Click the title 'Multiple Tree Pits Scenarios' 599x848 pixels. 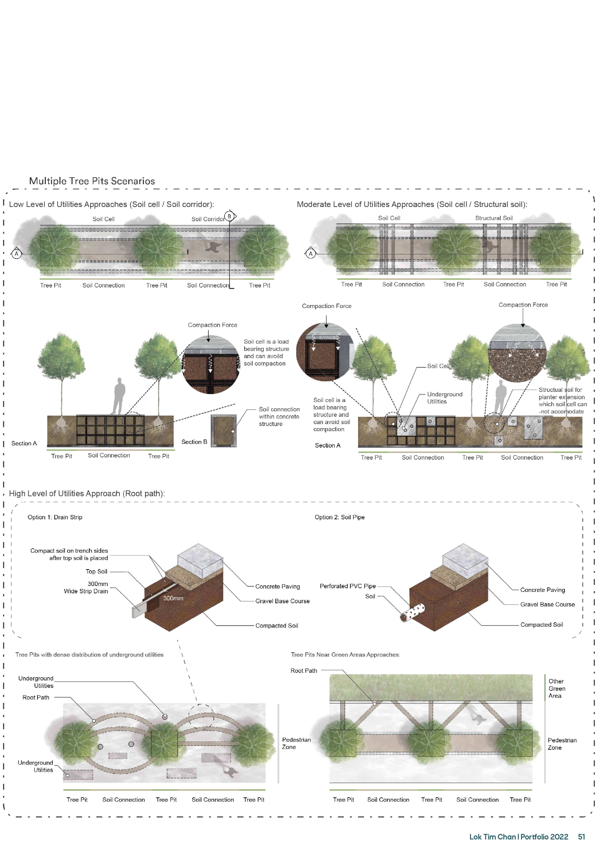(92, 181)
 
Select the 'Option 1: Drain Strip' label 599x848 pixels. (55, 517)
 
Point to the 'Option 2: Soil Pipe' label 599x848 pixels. (340, 517)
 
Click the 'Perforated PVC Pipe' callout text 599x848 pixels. (348, 586)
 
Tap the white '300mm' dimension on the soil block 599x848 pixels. (173, 598)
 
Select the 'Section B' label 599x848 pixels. (194, 442)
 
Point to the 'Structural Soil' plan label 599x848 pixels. (494, 218)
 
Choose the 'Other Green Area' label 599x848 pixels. (556, 688)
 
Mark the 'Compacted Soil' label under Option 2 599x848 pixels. (541, 624)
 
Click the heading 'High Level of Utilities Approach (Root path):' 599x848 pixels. (87, 493)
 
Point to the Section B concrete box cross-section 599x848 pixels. (223, 431)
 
